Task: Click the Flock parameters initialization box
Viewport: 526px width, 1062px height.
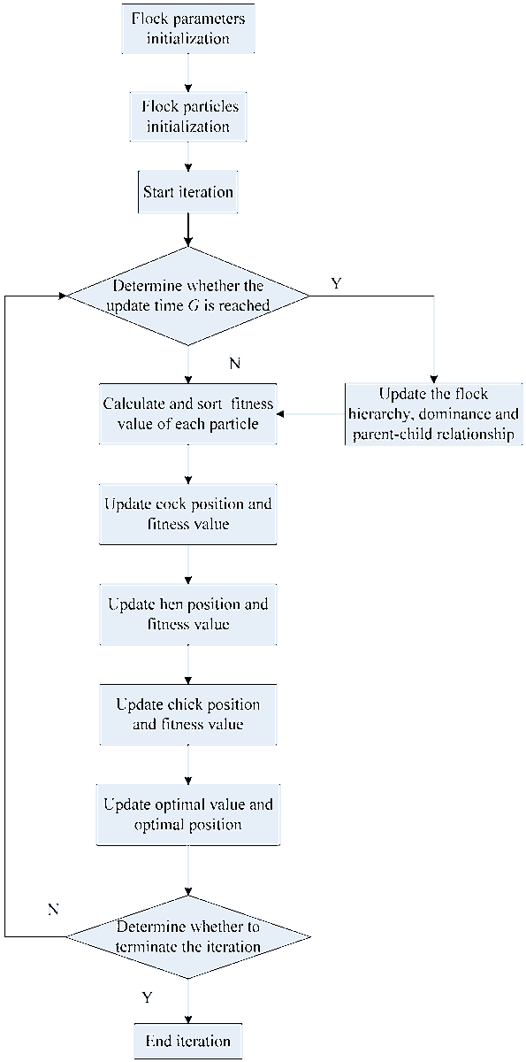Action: coord(187,29)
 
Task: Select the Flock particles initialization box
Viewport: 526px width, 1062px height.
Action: coord(187,116)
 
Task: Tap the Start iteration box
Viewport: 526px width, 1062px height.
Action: coord(187,191)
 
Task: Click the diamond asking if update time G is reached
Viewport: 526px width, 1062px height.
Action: coord(187,296)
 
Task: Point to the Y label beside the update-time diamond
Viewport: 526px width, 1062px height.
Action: coord(336,284)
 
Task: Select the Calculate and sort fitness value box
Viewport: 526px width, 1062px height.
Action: coord(187,413)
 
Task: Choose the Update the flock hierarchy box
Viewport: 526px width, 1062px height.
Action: coord(433,413)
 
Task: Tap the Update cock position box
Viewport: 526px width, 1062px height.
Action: coord(187,514)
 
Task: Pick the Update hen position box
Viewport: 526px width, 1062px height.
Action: coord(187,614)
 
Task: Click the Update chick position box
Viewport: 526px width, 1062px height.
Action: coord(187,714)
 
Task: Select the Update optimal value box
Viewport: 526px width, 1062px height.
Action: coord(187,814)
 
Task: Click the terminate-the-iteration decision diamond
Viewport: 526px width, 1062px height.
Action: coord(187,936)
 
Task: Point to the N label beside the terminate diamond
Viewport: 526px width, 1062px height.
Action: coord(53,909)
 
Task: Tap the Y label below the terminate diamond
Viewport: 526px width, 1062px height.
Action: coord(147,997)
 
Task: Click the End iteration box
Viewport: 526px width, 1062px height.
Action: coord(187,1041)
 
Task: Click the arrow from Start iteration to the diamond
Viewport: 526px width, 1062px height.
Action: coord(187,228)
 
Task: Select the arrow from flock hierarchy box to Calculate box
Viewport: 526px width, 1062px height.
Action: coord(309,413)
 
